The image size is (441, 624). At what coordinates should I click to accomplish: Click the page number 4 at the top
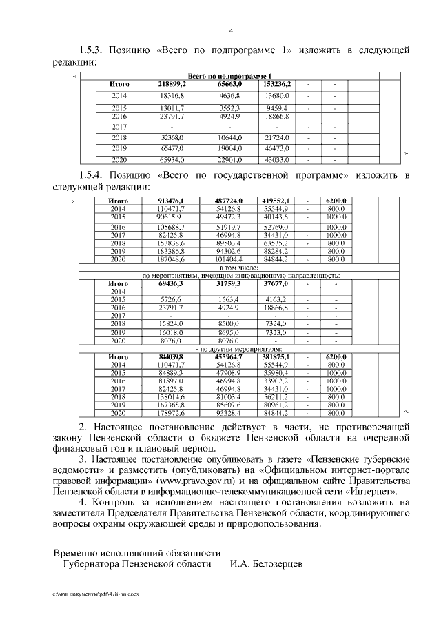tap(231, 30)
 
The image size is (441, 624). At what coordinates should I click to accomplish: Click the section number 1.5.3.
tap(92, 51)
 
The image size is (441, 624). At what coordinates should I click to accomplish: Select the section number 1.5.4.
tap(92, 175)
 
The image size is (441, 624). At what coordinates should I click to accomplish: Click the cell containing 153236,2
tap(277, 84)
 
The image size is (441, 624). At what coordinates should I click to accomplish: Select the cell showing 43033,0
tap(277, 159)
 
